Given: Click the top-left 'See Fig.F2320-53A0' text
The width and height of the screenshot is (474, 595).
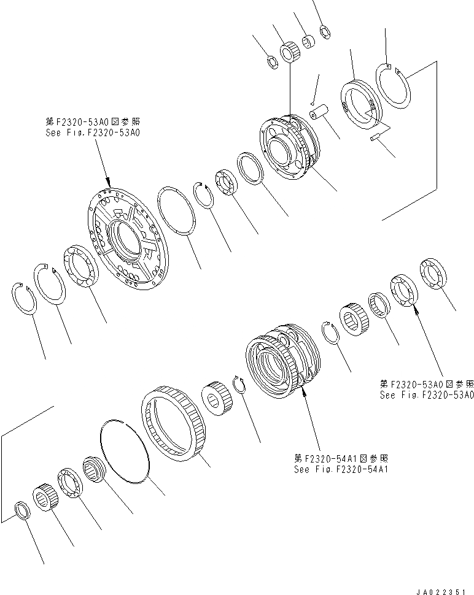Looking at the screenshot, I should pyautogui.click(x=93, y=132).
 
